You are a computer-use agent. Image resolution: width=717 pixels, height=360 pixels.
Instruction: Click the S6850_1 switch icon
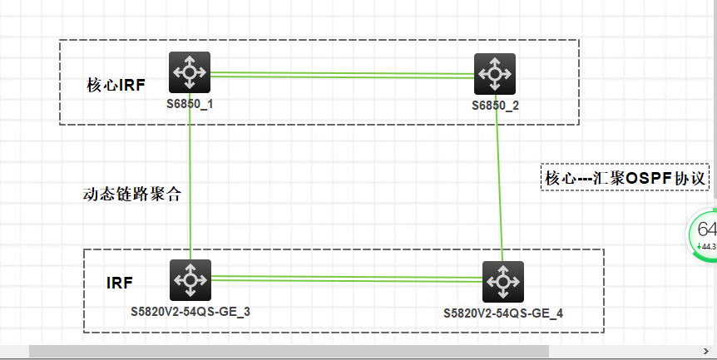[x=190, y=72]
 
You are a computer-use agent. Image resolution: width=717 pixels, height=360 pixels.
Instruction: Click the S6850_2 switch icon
[x=495, y=74]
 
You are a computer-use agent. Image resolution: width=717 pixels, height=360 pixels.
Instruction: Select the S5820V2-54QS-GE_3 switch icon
[x=190, y=280]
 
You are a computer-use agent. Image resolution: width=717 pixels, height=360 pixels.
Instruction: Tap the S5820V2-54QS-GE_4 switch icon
[x=502, y=282]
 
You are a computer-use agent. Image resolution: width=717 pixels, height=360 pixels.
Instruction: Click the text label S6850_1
[x=190, y=104]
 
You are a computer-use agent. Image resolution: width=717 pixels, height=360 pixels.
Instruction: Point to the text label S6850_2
[x=495, y=106]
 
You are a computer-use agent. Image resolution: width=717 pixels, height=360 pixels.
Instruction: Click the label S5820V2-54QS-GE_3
[x=190, y=312]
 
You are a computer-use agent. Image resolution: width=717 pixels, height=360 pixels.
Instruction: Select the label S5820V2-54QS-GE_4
[x=503, y=313]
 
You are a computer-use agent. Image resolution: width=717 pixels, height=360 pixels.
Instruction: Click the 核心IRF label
[x=116, y=85]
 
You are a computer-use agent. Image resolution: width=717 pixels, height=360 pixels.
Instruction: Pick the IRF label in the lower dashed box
[x=120, y=283]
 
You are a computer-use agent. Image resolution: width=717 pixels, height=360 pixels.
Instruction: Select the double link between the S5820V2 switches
[x=345, y=279]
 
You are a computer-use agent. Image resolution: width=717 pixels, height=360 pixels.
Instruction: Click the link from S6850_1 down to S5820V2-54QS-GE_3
[x=190, y=183]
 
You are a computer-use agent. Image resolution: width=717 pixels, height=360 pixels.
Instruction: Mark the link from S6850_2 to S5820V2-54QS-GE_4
[x=499, y=183]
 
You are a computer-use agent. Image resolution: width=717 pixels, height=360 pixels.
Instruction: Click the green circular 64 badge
[x=705, y=233]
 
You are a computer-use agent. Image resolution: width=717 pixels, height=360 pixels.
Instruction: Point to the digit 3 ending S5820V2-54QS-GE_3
[x=247, y=312]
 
